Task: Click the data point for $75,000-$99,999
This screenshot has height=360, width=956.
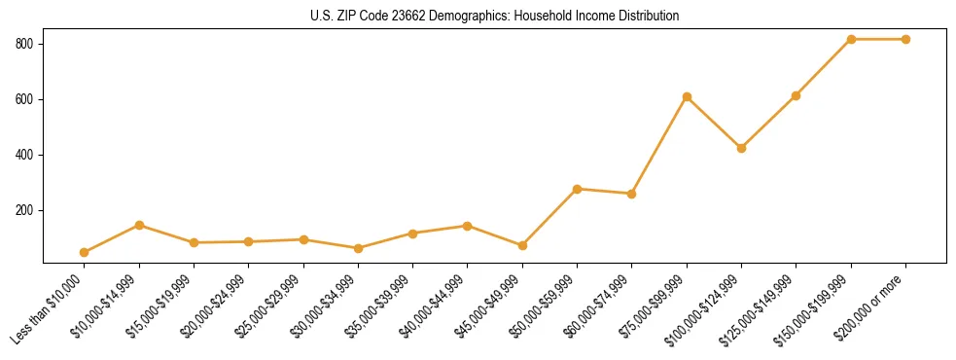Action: point(687,96)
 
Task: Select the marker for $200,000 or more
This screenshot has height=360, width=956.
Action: point(905,39)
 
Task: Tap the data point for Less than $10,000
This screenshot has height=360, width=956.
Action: point(85,252)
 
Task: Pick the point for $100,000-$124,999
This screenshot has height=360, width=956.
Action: point(741,148)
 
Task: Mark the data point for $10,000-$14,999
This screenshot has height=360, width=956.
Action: point(139,225)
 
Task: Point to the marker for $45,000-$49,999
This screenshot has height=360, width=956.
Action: point(522,245)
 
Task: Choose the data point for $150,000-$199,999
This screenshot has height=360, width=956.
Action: point(851,39)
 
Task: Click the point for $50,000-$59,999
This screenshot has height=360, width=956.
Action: point(577,189)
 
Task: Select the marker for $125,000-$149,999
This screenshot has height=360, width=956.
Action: point(797,95)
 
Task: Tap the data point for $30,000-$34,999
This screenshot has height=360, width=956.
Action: point(358,248)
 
